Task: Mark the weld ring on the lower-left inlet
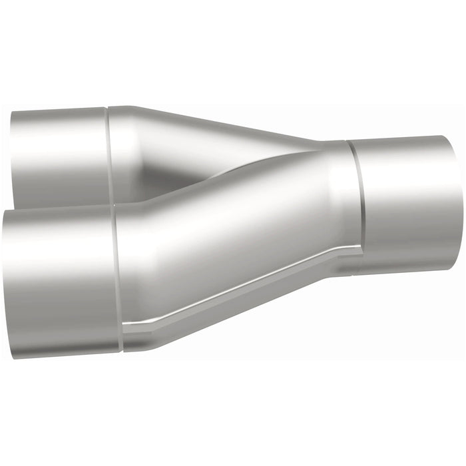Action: coord(118,280)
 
